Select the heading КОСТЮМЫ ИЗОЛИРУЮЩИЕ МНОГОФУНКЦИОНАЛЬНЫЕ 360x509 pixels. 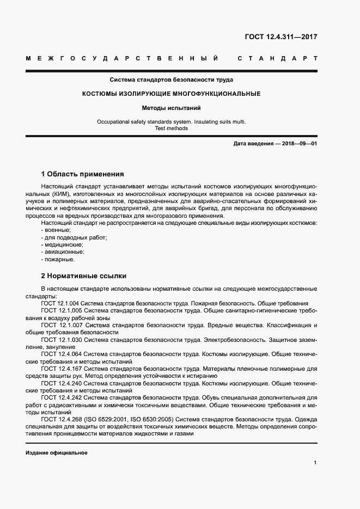(171, 94)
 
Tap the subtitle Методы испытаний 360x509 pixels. (171, 108)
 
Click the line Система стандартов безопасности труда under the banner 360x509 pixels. (171, 79)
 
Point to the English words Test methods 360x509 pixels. (171, 128)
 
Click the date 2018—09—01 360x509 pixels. (299, 143)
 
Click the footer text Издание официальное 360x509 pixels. (57, 453)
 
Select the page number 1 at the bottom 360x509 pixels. (315, 463)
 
